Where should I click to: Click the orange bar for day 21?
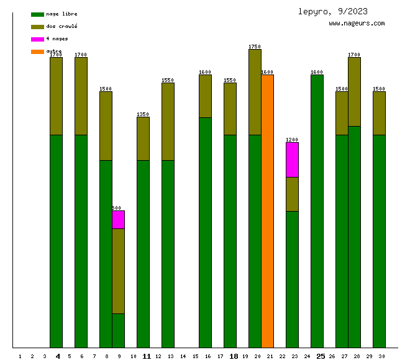pos(267,211)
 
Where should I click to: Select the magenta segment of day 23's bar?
pos(292,160)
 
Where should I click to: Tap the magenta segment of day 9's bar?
pos(118,220)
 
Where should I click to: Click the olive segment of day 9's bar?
pos(118,271)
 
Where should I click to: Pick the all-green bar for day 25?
pos(317,211)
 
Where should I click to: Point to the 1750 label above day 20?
pos(255,47)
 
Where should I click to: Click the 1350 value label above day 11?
pos(143,114)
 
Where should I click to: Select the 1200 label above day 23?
pos(292,140)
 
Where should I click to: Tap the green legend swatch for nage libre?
pos(37,14)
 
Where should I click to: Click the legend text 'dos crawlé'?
pos(61,26)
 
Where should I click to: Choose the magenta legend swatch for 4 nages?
pos(37,39)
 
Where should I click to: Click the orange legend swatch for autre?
pos(37,52)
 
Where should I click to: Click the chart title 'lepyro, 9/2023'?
pos(332,11)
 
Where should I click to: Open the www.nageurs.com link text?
pos(357,24)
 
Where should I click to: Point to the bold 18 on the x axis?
pos(234,356)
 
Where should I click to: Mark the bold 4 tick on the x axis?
pos(58,356)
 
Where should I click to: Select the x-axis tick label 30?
pos(381,356)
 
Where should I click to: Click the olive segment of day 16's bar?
pos(205,96)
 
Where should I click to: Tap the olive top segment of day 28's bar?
pos(354,91)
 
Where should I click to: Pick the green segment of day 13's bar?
pos(168,254)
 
